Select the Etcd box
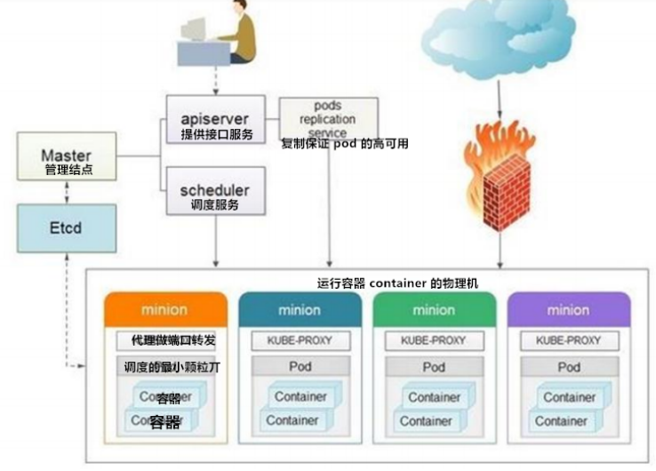point(66,228)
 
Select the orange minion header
point(164,310)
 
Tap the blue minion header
point(300,310)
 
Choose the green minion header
point(434,310)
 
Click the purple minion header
point(568,310)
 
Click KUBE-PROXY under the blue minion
point(300,340)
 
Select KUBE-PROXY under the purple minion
point(568,340)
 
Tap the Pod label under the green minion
point(434,367)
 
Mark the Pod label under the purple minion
point(568,367)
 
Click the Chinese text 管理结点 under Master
point(68,169)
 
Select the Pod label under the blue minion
point(300,367)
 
